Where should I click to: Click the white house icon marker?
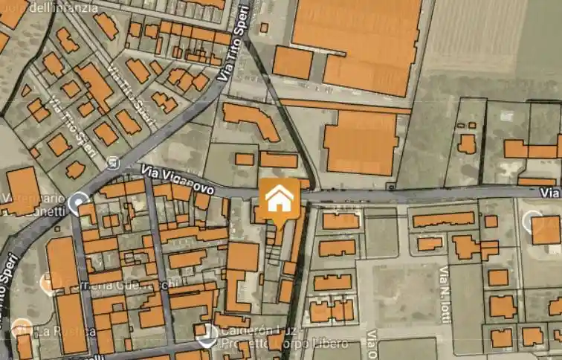[280, 199]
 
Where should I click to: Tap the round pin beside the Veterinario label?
[77, 202]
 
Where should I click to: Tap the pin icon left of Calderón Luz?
[207, 335]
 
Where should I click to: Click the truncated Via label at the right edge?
[550, 193]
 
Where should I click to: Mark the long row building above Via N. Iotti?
[443, 219]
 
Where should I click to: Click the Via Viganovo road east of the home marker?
[416, 196]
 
